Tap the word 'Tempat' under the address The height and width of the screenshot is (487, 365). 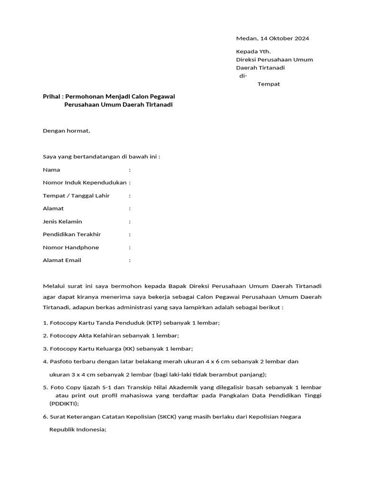(x=269, y=84)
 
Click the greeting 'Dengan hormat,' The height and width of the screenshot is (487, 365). (x=67, y=131)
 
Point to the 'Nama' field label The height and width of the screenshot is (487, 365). (x=51, y=170)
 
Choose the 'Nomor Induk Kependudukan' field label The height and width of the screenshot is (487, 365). (x=85, y=183)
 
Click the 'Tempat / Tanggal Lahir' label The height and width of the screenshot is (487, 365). (x=76, y=195)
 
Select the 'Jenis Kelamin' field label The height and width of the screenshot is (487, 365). (x=62, y=222)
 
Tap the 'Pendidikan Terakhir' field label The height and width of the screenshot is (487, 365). (x=72, y=234)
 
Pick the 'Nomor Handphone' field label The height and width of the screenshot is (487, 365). (x=71, y=247)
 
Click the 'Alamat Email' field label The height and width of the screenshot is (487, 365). (x=62, y=260)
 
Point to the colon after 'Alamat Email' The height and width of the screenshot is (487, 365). (x=130, y=260)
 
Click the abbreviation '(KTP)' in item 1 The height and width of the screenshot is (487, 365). (x=154, y=323)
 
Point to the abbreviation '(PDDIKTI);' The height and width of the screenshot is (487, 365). (x=64, y=404)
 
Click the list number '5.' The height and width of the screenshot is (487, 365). (x=46, y=388)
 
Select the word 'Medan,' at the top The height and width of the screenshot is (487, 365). (x=247, y=39)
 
